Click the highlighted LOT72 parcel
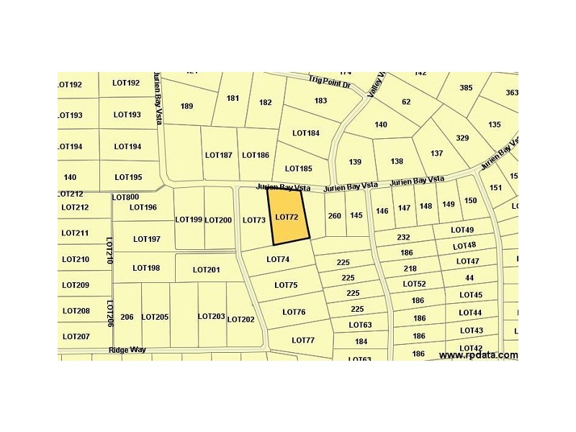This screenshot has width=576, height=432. (287, 217)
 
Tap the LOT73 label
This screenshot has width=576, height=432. (254, 220)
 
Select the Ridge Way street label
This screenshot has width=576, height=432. (127, 350)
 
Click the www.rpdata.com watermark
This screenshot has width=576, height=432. (478, 355)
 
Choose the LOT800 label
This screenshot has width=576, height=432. (125, 197)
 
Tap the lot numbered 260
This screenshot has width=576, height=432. (334, 215)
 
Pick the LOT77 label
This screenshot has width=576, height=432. (303, 340)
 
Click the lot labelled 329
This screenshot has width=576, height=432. (462, 138)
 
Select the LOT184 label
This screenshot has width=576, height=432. (306, 133)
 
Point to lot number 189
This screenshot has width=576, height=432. (187, 107)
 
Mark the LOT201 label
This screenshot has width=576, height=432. (206, 270)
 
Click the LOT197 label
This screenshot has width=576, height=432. (146, 239)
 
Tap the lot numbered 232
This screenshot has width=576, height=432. (403, 238)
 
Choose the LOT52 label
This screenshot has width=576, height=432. (414, 284)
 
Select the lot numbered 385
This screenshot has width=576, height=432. (466, 88)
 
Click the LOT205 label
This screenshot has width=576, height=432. (155, 317)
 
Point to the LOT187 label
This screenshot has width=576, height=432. (218, 155)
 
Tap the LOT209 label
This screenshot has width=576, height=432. (76, 285)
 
